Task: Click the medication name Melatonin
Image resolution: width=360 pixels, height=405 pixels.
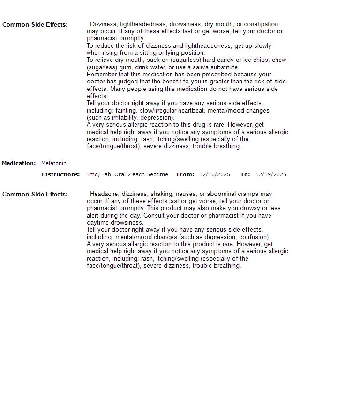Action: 54,164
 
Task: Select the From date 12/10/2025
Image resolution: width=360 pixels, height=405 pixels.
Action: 214,175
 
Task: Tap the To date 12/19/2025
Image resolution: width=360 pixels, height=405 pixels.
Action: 270,175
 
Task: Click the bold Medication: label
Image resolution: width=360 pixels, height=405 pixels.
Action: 19,164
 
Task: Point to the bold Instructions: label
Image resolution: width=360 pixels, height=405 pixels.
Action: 60,175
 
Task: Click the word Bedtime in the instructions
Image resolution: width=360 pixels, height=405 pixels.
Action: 157,175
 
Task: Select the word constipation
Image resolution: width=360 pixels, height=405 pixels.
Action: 261,24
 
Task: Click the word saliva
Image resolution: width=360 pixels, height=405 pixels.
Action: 202,67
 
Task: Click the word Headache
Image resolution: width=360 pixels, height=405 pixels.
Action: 103,194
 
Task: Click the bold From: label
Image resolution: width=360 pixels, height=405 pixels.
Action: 185,175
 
